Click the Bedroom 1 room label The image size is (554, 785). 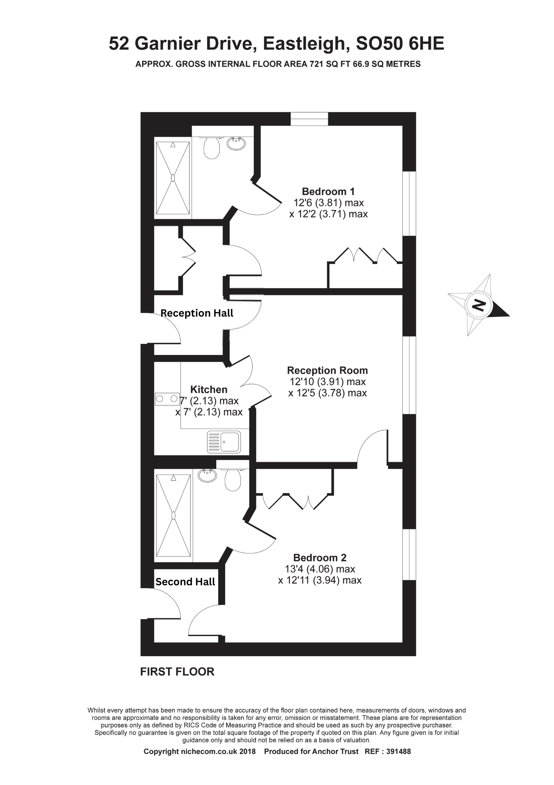(328, 191)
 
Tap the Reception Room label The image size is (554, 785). (327, 370)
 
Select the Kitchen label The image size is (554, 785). (209, 389)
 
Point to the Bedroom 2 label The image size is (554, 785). (320, 558)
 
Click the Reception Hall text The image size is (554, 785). (197, 313)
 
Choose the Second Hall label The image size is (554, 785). (185, 582)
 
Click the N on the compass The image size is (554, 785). (478, 305)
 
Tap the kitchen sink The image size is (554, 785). (224, 442)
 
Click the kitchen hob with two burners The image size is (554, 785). (167, 399)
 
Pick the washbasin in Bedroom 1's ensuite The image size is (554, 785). (236, 144)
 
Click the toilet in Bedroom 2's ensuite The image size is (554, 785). (232, 479)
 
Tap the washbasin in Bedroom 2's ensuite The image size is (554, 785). (208, 476)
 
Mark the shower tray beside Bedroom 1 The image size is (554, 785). (173, 178)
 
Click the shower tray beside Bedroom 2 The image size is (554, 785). (173, 516)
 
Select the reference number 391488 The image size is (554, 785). (398, 752)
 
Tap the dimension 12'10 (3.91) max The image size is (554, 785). (328, 382)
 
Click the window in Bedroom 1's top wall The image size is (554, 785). (309, 119)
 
